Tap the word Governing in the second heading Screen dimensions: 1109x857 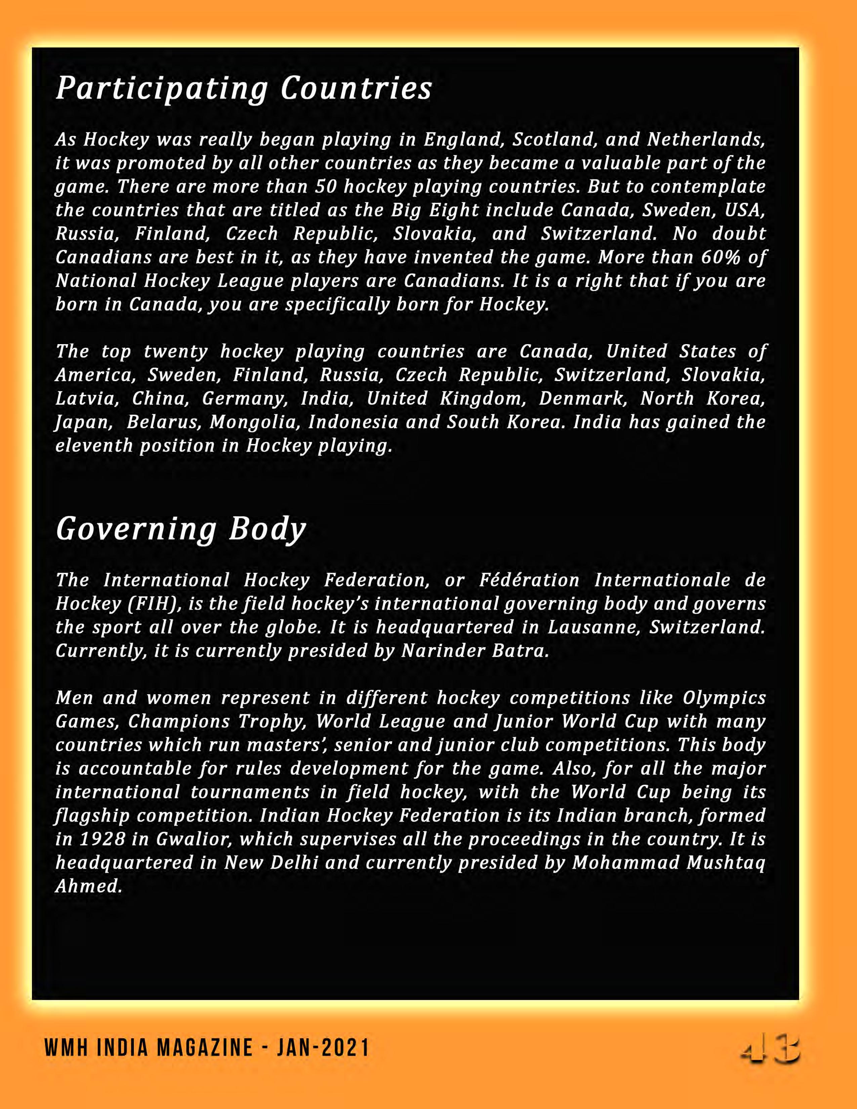(136, 529)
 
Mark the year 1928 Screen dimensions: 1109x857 (103, 839)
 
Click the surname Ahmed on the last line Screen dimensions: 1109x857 (89, 886)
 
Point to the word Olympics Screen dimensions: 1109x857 (724, 698)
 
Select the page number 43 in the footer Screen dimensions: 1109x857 (770, 1051)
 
